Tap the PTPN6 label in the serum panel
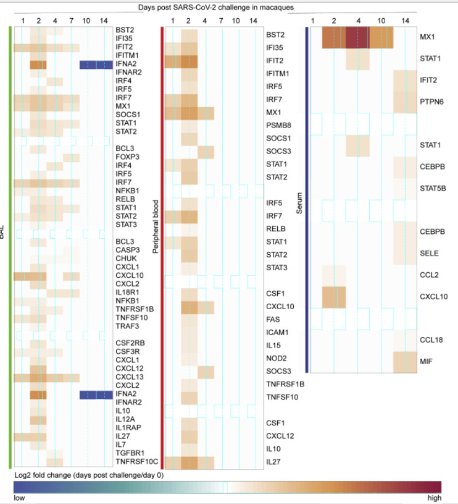432,102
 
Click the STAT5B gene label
433,188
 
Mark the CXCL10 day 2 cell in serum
333,297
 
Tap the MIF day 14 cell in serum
405,361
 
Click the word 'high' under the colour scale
434,498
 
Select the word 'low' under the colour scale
19,498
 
